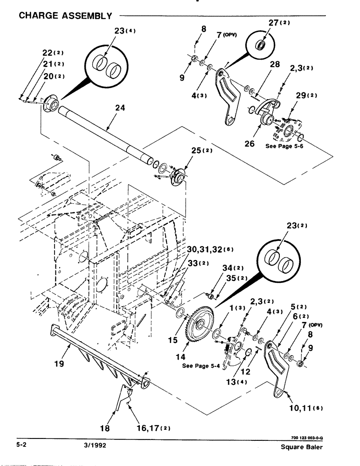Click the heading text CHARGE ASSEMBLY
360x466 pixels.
(65, 16)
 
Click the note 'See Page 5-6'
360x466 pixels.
(284, 146)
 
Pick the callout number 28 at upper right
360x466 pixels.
(275, 65)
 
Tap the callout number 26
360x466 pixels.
(249, 144)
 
